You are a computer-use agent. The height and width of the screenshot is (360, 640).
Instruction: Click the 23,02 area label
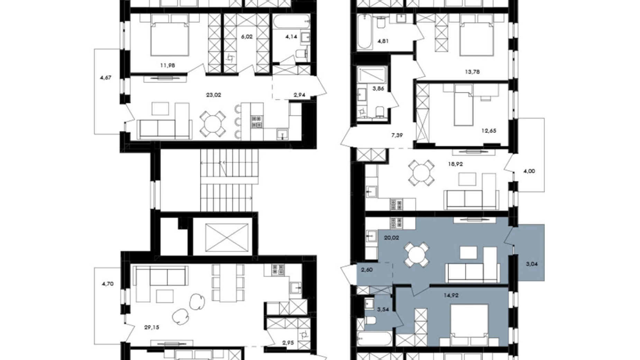213,95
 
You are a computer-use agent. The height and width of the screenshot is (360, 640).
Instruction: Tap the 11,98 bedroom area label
167,65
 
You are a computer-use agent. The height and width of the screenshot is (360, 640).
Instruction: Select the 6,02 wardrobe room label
247,36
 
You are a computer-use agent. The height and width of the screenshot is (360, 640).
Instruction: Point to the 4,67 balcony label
106,78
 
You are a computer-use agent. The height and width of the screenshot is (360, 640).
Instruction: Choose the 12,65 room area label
489,131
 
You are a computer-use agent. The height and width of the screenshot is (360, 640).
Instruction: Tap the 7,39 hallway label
397,135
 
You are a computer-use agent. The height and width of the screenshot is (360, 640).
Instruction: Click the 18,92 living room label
455,164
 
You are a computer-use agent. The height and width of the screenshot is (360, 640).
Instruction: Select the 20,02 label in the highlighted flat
391,238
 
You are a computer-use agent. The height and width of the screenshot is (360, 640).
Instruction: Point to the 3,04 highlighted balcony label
532,264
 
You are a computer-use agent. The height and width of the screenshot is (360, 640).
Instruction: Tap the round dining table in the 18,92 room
421,172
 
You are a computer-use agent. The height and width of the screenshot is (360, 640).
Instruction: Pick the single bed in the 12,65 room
463,105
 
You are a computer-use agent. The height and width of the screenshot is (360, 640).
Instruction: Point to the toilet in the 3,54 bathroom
370,321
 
